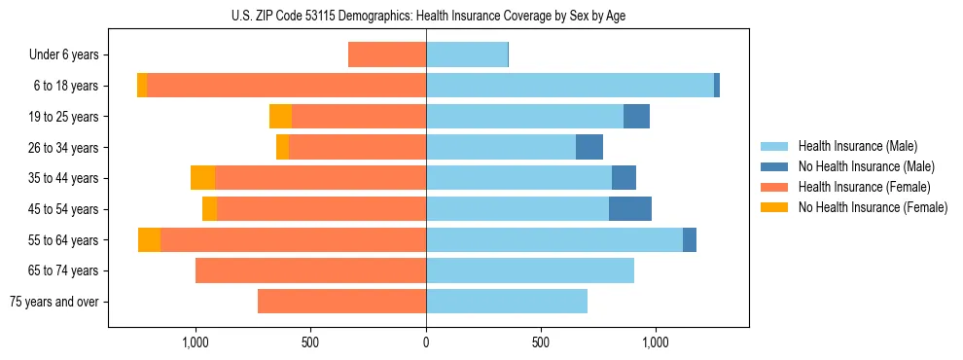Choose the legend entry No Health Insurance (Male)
coord(865,166)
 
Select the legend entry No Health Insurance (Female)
coord(872,207)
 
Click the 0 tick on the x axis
coord(426,342)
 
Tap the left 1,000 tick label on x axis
coord(196,342)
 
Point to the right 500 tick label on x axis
coord(541,342)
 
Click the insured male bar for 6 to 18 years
coord(569,86)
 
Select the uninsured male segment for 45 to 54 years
coord(630,209)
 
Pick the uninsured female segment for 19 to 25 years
coord(280,117)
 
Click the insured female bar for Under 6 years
coord(387,55)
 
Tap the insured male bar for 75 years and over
coord(506,302)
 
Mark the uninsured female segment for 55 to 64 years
coord(149,240)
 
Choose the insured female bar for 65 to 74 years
coord(310,270)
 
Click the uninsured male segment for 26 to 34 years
coord(589,148)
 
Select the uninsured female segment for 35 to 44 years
coord(202,178)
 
